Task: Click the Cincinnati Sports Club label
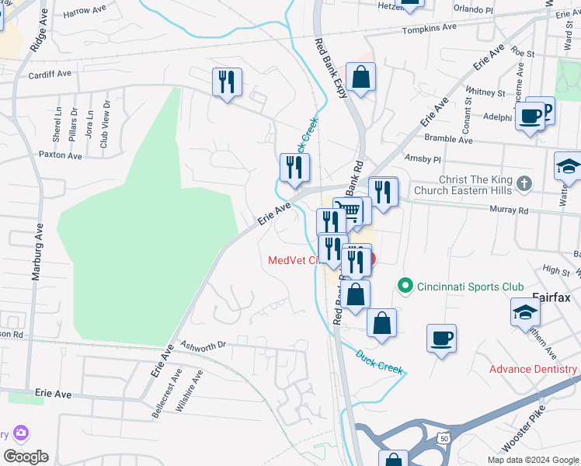[470, 287]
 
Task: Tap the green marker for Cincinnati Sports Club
[404, 287]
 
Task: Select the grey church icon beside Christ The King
[525, 184]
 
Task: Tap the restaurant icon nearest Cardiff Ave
[227, 82]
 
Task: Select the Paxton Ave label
[61, 155]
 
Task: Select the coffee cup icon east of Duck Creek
[441, 339]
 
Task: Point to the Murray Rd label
[509, 210]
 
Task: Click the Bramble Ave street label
[448, 141]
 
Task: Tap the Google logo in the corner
[26, 457]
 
